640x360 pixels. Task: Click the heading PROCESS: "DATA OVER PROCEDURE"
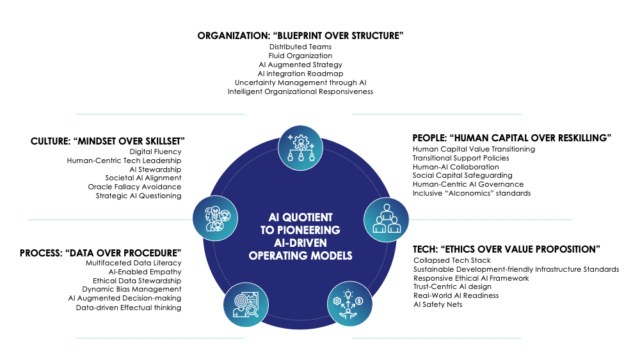coord(99,251)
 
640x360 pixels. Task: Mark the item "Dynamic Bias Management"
coord(134,288)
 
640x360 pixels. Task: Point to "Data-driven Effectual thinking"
coord(128,309)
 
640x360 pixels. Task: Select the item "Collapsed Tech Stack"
coord(451,260)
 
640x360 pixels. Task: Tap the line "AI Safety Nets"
coord(441,304)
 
